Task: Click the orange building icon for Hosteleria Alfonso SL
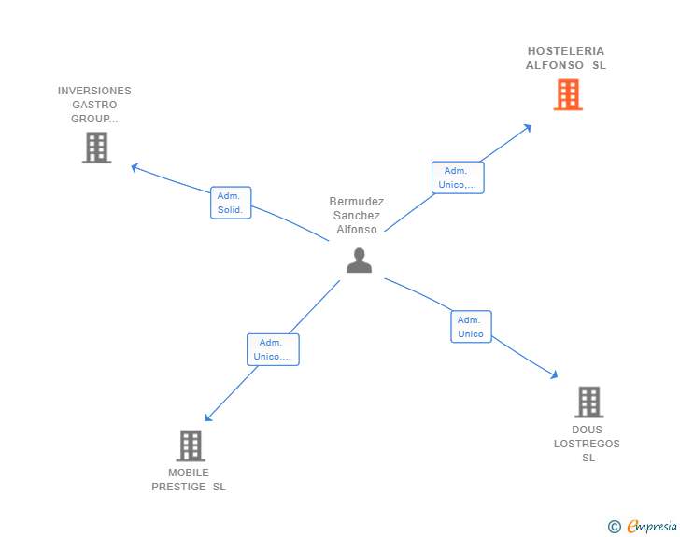pos(568,95)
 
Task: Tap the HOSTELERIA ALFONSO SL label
pos(566,58)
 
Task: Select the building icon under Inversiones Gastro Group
pos(96,148)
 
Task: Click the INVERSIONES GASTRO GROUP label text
pos(94,105)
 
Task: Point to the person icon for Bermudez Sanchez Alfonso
pos(359,261)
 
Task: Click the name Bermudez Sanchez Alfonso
pos(357,216)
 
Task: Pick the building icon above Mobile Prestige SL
pos(191,445)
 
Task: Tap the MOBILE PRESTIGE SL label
pos(189,479)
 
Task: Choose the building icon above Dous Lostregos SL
pos(588,402)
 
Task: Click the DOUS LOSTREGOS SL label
pos(588,444)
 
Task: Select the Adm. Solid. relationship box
pos(230,203)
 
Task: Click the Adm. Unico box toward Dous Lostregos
pos(471,327)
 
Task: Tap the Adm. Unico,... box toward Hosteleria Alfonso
pos(458,177)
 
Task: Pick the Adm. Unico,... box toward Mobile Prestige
pos(273,349)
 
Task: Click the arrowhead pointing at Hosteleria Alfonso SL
pos(529,127)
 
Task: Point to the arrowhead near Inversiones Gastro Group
pos(135,167)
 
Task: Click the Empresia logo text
pos(652,527)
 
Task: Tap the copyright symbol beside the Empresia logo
pos(614,527)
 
